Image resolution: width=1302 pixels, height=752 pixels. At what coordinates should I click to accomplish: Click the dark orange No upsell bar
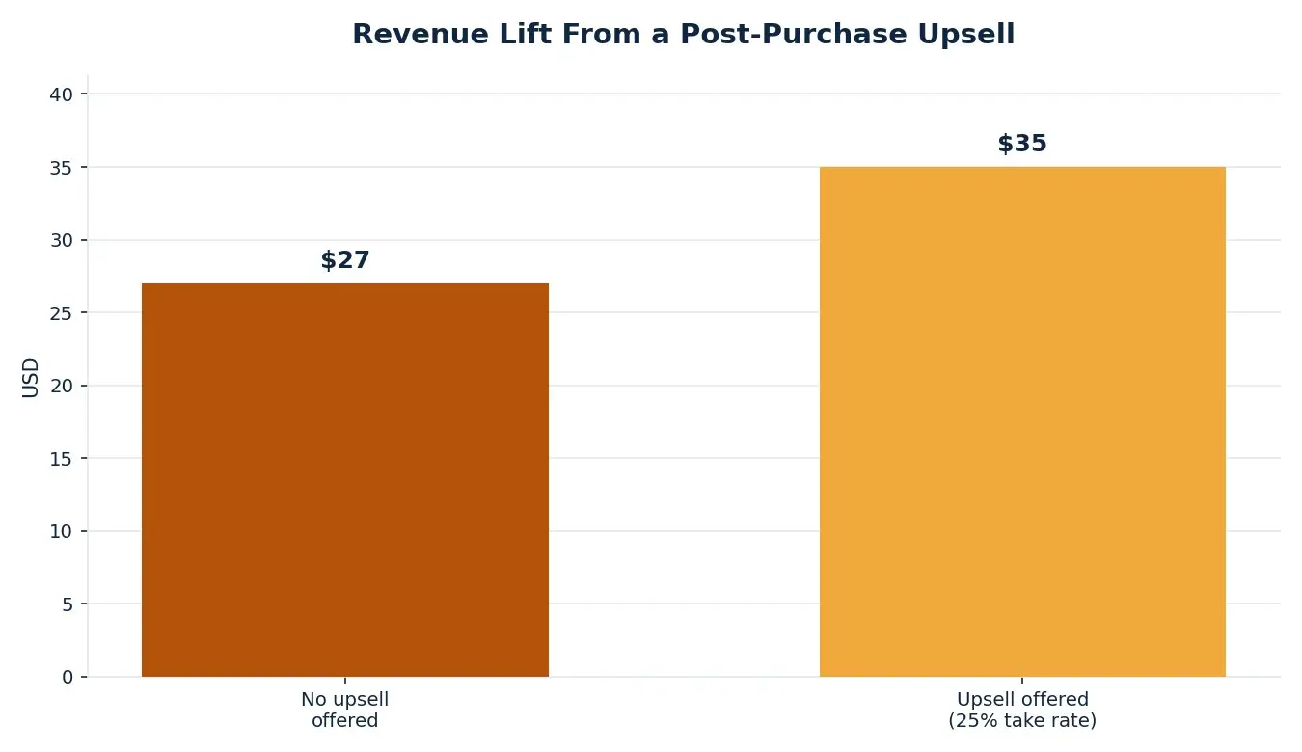(345, 480)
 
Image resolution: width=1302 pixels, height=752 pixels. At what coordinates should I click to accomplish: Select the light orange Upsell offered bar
(1022, 422)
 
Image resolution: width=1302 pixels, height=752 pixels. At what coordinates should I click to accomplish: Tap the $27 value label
(345, 259)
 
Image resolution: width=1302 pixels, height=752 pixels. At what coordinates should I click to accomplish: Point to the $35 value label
(1022, 143)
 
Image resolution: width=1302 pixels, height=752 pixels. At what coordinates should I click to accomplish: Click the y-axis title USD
(30, 378)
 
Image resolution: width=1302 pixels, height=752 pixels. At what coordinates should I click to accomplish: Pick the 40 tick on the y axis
(62, 94)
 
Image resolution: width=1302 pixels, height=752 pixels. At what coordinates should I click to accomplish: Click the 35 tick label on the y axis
(62, 168)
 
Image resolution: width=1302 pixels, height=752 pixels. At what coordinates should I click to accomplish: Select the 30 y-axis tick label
(62, 240)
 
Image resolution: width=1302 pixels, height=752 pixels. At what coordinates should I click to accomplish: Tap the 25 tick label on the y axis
(62, 313)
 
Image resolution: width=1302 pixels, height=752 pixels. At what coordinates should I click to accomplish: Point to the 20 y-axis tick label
(62, 386)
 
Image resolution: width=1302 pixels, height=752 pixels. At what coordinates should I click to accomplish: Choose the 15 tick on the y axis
(62, 459)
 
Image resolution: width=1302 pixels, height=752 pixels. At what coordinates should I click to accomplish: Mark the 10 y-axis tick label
(62, 531)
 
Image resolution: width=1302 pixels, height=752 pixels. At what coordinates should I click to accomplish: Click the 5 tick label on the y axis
(68, 604)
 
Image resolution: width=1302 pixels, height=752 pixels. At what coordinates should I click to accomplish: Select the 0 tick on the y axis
(68, 677)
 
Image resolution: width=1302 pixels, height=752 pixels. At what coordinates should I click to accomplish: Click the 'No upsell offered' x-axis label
(345, 710)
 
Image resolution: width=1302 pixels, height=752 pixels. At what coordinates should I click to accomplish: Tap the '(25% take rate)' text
(1022, 720)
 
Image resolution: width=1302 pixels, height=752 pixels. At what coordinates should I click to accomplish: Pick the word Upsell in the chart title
(966, 35)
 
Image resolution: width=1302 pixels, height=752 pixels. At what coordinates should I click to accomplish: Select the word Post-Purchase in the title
(794, 34)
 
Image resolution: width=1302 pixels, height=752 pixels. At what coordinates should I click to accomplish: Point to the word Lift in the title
(528, 34)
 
